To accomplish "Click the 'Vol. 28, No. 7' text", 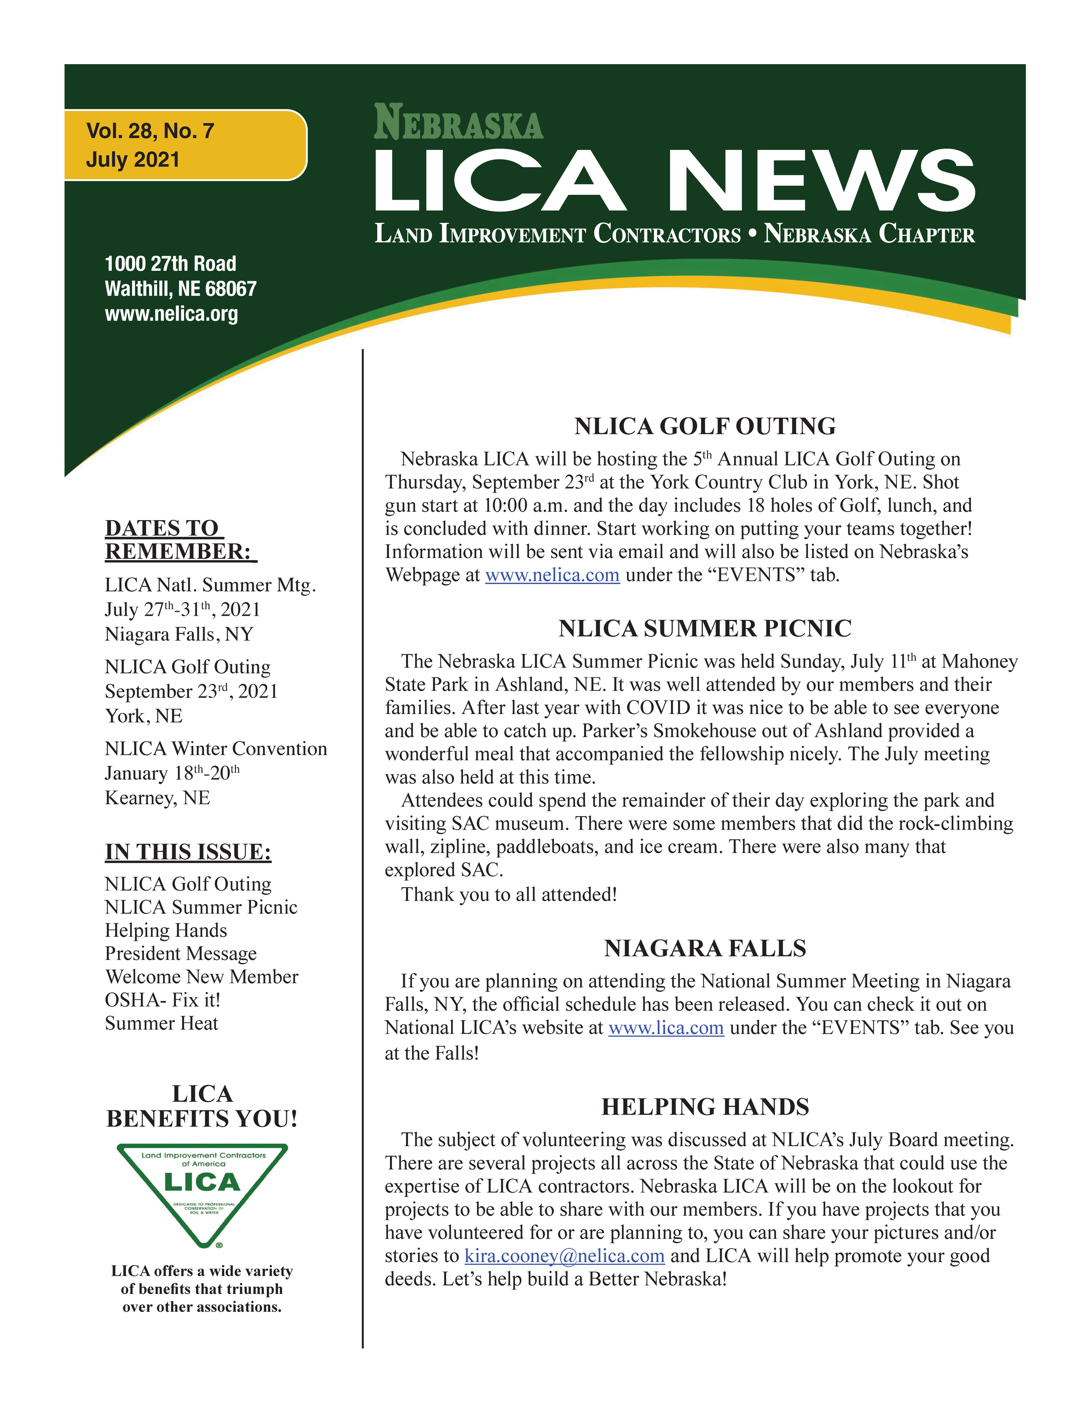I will pyautogui.click(x=150, y=131).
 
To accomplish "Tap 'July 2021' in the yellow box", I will pyautogui.click(x=133, y=160).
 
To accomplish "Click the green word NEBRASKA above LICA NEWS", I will pyautogui.click(x=458, y=123).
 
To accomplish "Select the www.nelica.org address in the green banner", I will pyautogui.click(x=171, y=314).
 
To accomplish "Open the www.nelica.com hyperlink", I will pyautogui.click(x=552, y=575).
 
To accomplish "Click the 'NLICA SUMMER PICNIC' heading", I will pyautogui.click(x=705, y=629).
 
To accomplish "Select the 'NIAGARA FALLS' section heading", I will pyautogui.click(x=705, y=949).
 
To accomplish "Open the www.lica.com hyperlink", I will pyautogui.click(x=666, y=1028).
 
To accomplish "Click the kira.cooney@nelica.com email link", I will pyautogui.click(x=564, y=1255).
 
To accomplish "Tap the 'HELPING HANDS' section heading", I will pyautogui.click(x=705, y=1107).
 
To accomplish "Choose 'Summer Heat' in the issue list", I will pyautogui.click(x=162, y=1024).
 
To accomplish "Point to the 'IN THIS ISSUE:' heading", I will pyautogui.click(x=188, y=852).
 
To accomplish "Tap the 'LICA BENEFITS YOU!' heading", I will pyautogui.click(x=202, y=1106).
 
